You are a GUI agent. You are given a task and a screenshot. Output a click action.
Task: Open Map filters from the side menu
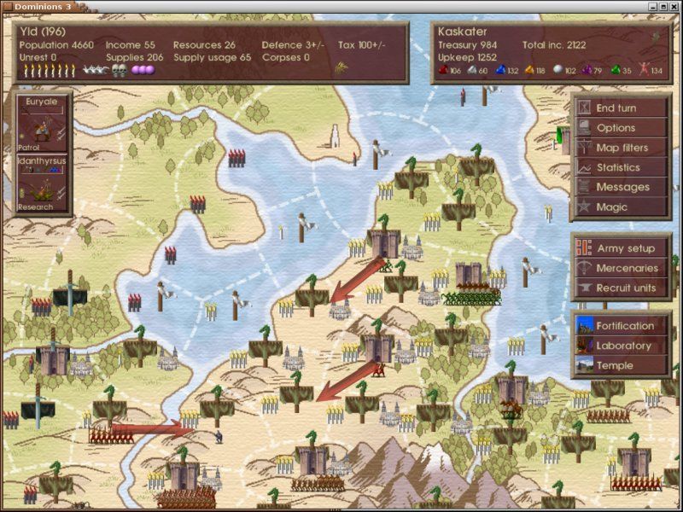coord(620,148)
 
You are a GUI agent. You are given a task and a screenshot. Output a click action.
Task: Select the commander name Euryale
coord(41,100)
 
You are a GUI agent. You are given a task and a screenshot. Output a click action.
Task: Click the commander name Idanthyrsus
coord(41,160)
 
